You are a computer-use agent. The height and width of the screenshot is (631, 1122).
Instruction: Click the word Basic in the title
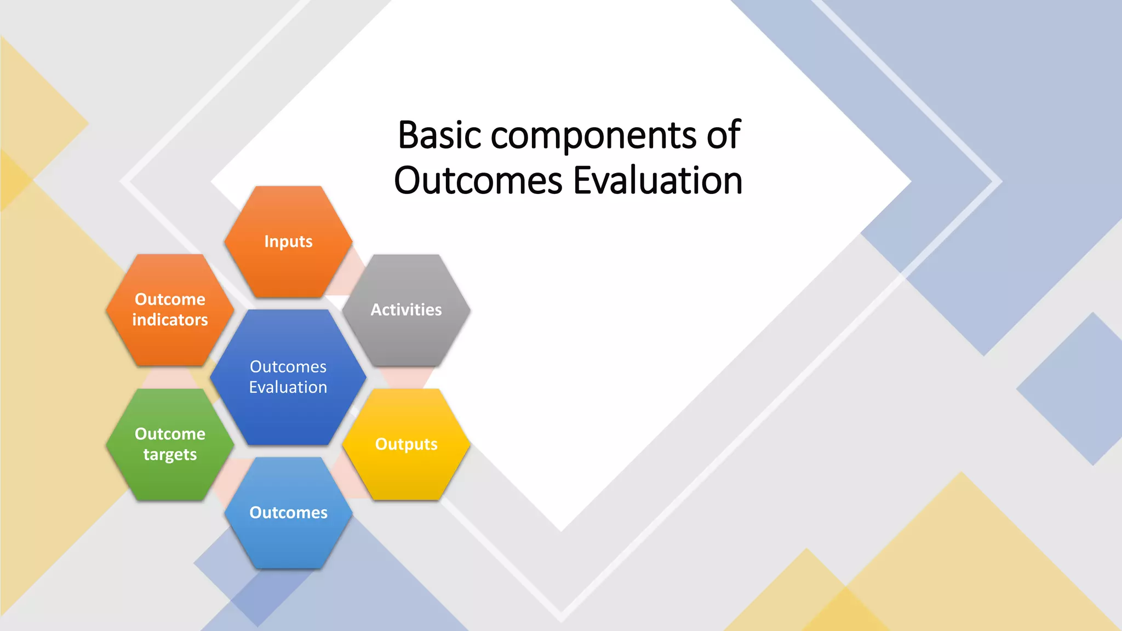click(440, 135)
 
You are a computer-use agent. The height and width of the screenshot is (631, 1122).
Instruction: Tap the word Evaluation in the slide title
click(657, 180)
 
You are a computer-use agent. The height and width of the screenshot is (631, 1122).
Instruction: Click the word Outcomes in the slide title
click(478, 180)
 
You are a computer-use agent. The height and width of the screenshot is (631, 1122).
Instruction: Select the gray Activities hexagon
click(406, 329)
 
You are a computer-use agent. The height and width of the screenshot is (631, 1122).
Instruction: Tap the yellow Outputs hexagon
click(406, 466)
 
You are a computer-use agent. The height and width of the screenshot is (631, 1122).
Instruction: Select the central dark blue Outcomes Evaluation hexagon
click(288, 411)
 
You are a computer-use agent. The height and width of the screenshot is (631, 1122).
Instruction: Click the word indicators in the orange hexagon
click(170, 319)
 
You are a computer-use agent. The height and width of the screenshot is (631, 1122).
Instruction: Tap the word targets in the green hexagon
click(170, 455)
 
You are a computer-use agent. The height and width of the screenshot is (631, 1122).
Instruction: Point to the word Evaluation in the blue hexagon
click(288, 387)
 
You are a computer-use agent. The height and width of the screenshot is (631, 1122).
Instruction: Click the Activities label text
click(406, 309)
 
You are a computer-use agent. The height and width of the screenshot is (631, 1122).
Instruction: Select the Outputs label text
click(406, 444)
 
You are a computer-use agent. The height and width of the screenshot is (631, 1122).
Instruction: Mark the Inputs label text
click(288, 242)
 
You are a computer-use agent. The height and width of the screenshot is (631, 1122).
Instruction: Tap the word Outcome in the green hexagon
click(170, 434)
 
